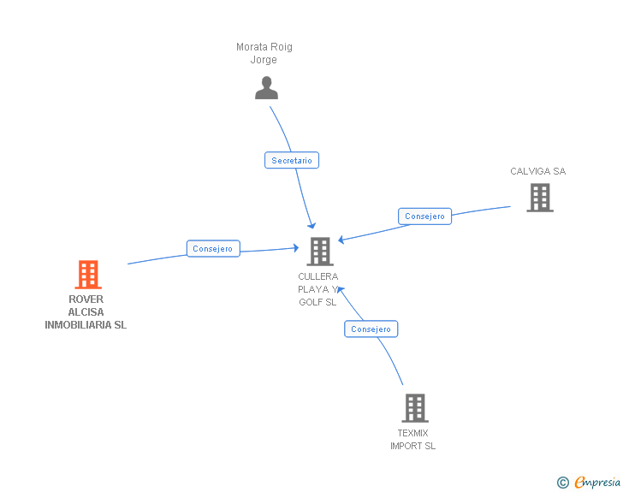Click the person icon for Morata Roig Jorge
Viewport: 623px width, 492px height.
point(267,88)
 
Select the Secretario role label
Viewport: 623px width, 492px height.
point(292,160)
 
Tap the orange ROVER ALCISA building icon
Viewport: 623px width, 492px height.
point(88,275)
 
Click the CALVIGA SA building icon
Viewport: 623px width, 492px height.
point(539,198)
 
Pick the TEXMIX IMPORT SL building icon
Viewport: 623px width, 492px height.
point(414,408)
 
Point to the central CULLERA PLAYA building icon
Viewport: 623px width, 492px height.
point(319,252)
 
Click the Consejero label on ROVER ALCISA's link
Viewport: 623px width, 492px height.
point(213,249)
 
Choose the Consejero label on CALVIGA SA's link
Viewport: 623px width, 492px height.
point(424,216)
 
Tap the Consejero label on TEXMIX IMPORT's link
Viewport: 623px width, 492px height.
point(371,329)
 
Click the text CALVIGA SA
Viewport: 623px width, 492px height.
point(537,171)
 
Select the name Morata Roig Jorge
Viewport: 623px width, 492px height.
point(264,53)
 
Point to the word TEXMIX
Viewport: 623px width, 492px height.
point(412,433)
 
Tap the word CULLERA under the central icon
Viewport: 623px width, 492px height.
point(318,276)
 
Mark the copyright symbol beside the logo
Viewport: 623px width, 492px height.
point(562,483)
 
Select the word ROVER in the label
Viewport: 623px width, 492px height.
point(86,299)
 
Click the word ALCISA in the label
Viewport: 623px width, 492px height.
point(86,312)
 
